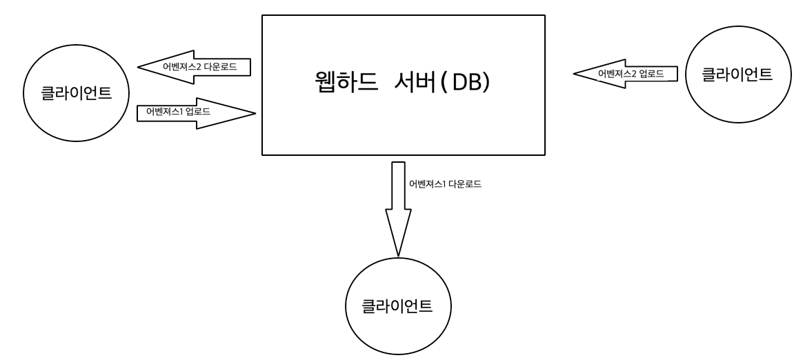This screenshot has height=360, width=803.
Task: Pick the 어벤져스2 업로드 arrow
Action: point(625,72)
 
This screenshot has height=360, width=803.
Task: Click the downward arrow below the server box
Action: point(397,207)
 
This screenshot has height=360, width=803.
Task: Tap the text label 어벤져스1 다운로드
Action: point(444,184)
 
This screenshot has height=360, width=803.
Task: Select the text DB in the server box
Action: point(469,83)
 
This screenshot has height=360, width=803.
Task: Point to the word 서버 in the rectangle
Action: point(414,83)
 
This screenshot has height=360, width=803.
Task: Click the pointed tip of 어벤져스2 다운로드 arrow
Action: point(140,68)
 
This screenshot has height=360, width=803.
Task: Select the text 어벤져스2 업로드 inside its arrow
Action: point(632,72)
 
